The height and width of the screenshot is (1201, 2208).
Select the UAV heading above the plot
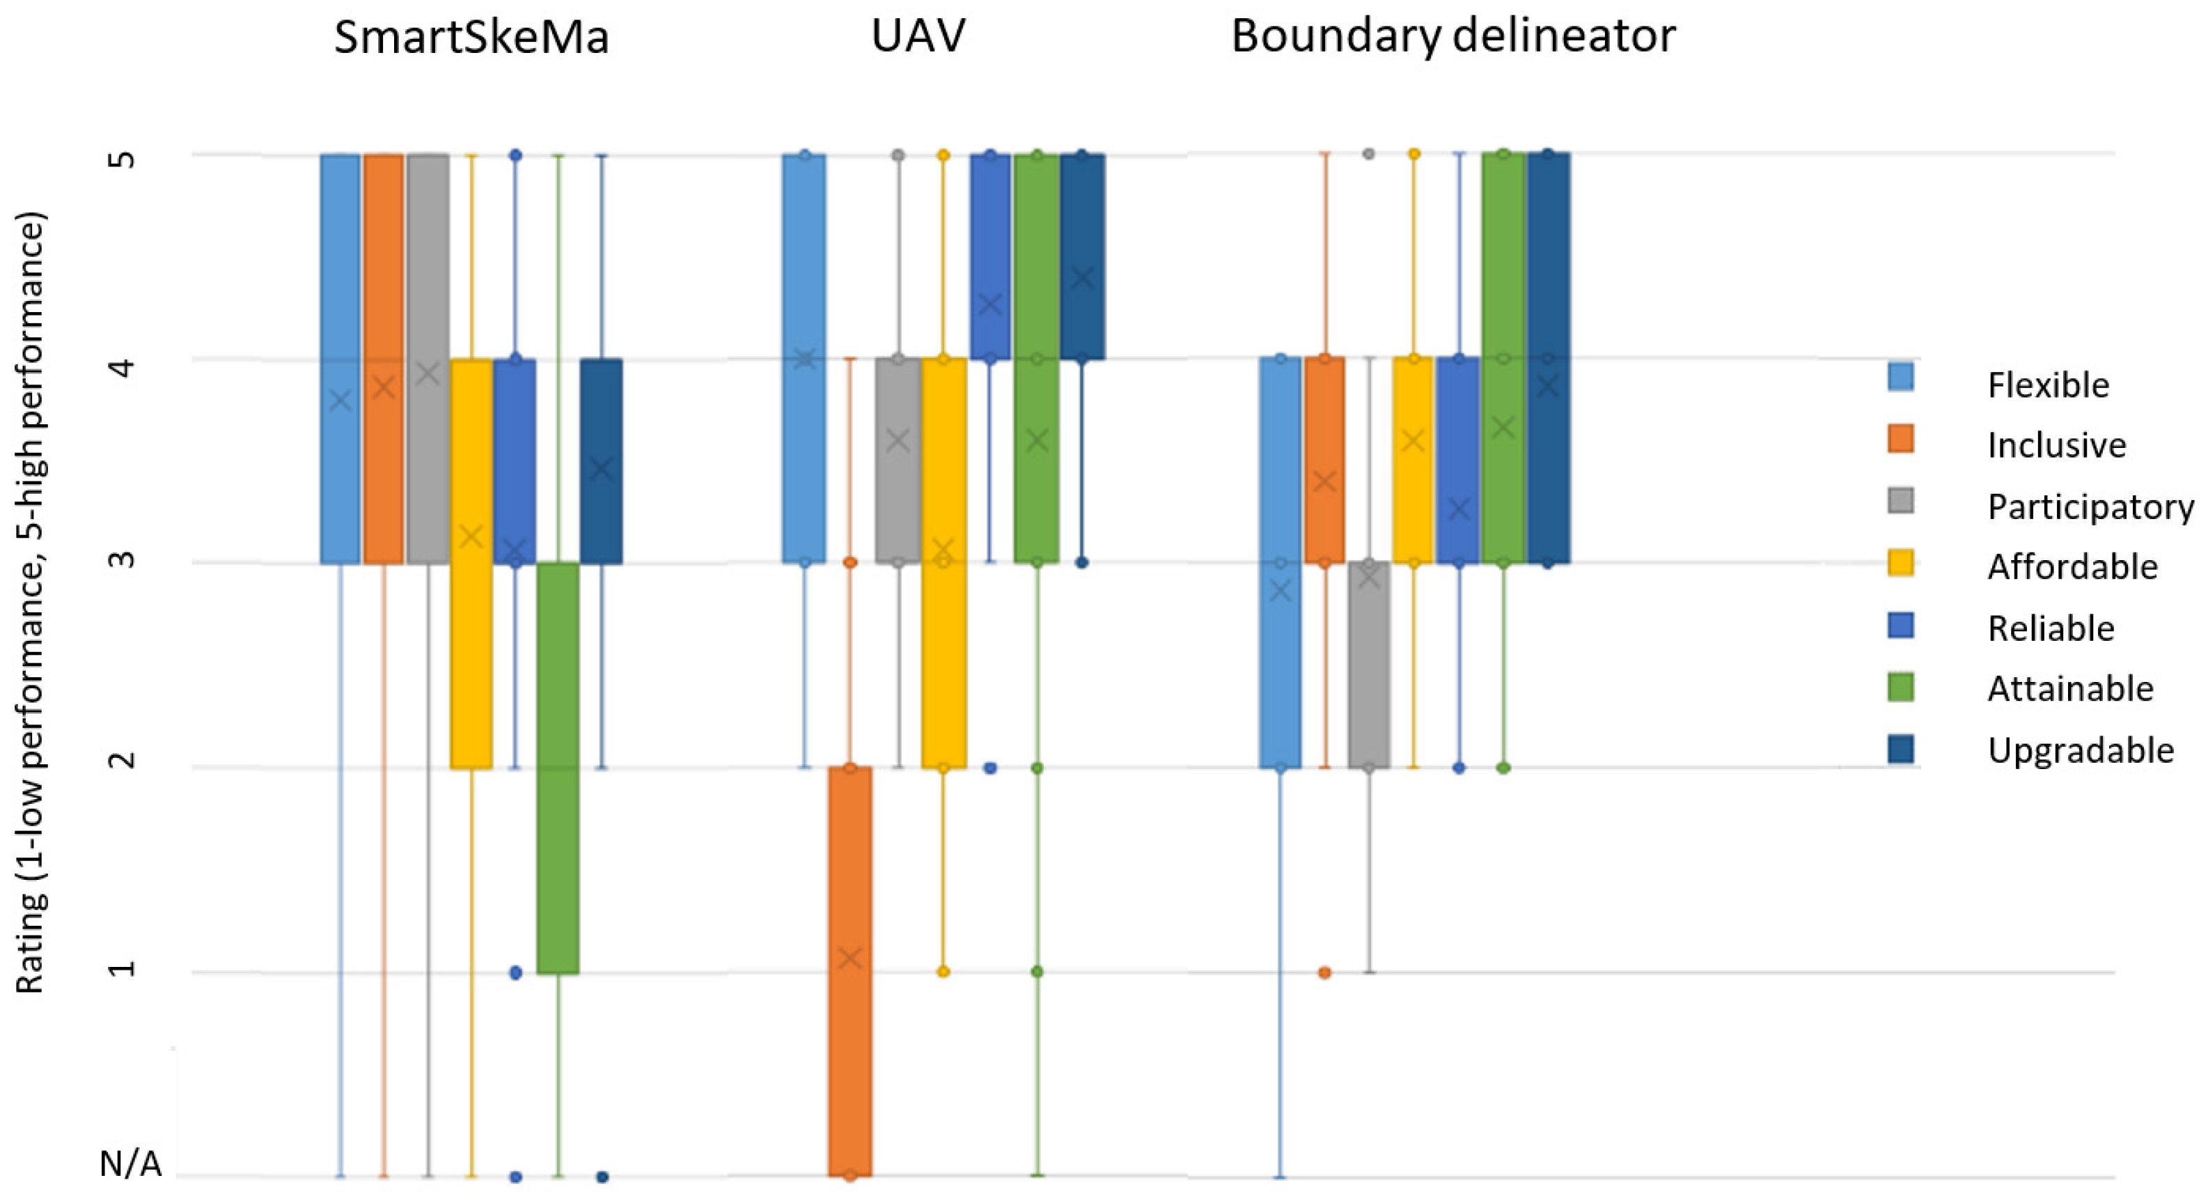pos(918,36)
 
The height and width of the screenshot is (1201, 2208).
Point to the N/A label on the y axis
pos(130,1164)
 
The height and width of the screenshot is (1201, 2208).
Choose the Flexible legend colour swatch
pos(1900,377)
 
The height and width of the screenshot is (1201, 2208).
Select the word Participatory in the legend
pos(2090,506)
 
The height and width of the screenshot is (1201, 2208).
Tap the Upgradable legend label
pos(2081,750)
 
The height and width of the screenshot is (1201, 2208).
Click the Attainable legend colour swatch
pos(1900,688)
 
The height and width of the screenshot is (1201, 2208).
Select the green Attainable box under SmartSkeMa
pos(558,767)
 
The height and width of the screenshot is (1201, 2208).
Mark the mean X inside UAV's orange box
pos(849,959)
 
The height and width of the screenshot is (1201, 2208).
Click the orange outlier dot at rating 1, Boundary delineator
pos(1324,972)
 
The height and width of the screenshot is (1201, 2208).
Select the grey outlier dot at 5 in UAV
pos(898,155)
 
